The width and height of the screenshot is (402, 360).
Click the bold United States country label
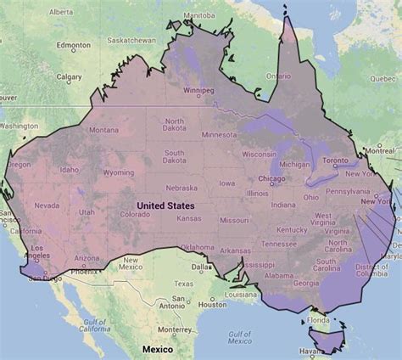point(165,205)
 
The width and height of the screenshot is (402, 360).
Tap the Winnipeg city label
point(198,90)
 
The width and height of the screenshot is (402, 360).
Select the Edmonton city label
point(73,45)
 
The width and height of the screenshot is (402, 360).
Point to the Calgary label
point(69,76)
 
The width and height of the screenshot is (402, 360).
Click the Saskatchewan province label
point(131,39)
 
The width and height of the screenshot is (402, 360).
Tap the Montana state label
point(103,130)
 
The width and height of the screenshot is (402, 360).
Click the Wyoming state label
point(118,172)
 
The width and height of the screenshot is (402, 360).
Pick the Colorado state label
point(135,214)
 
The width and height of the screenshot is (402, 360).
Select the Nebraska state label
point(181,188)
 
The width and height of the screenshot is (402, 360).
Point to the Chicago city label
point(271,179)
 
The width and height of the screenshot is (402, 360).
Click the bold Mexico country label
point(157,349)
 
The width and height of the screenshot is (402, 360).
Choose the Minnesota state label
point(220,134)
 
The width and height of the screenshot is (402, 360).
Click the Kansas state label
point(188,218)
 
